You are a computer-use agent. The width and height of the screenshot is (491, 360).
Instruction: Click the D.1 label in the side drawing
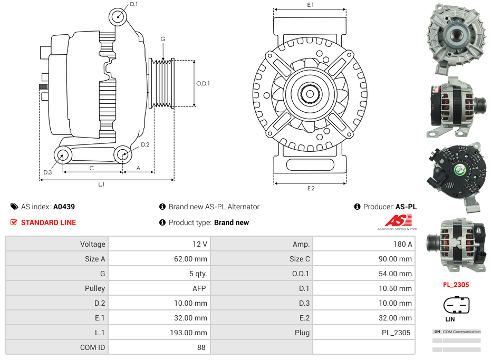133,4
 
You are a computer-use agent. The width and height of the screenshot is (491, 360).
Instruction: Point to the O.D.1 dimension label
203,83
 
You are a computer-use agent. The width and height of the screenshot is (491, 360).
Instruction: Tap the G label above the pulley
163,40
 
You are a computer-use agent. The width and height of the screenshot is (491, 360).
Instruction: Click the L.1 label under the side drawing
101,184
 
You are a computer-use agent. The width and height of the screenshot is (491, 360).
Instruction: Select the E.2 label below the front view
310,188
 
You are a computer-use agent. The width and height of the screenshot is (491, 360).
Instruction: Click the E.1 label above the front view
310,5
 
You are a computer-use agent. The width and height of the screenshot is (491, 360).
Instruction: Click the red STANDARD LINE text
49,222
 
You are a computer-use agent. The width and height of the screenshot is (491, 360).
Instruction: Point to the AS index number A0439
64,207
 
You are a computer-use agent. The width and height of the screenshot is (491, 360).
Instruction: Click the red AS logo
394,220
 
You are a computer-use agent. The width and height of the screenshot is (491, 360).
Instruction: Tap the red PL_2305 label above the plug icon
456,285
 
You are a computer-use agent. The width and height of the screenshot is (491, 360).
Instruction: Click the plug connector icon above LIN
456,305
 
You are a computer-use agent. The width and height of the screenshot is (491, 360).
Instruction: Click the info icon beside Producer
357,207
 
